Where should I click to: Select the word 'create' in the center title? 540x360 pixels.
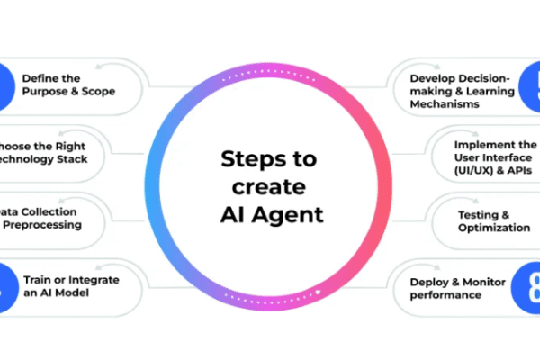[x=270, y=188]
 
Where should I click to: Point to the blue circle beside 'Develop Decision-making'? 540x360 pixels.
[x=531, y=84]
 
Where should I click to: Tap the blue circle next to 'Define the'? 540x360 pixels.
[x=7, y=84]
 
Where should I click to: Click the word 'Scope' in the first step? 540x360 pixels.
[x=96, y=91]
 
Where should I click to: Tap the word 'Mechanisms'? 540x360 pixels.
[x=442, y=103]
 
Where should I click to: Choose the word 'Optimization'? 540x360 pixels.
[x=493, y=228]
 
